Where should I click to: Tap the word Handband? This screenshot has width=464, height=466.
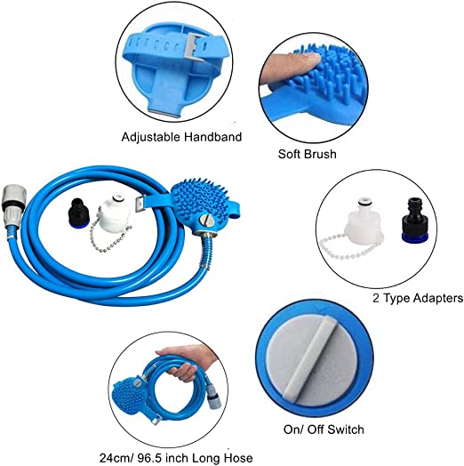tap(212, 137)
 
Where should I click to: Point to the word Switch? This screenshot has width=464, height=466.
tap(345, 430)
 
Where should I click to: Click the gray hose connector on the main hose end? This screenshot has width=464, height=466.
tap(12, 206)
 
